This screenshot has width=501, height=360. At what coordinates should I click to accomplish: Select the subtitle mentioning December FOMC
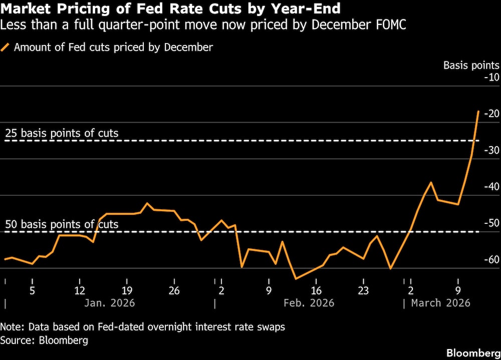pos(203,25)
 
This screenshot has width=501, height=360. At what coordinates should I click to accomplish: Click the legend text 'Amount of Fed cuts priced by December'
pos(114,48)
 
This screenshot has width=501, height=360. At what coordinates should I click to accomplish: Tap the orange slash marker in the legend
pos(7,48)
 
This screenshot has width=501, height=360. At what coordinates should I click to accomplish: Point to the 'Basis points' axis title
pos(471,65)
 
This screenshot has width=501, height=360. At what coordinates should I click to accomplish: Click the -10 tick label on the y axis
pos(491,77)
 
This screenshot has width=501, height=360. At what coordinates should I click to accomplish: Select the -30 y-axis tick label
pos(491,150)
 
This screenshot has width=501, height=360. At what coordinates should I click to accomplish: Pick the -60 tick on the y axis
pos(491,259)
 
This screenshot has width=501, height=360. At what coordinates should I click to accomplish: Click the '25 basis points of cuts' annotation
pos(62,133)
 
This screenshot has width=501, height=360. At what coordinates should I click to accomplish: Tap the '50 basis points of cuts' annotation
pos(62,224)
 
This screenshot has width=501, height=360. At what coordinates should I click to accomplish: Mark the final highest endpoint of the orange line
pos(478,111)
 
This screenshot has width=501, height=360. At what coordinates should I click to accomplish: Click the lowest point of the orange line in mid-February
pos(296,279)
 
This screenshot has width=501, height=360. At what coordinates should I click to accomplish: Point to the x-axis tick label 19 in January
pos(127,290)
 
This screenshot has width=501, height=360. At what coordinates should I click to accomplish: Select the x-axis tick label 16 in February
pos(316,290)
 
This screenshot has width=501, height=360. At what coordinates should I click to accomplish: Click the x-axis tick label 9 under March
pos(458,290)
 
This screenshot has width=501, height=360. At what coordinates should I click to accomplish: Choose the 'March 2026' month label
pos(440,303)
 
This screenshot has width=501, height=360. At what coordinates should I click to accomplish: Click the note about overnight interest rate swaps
pos(142,327)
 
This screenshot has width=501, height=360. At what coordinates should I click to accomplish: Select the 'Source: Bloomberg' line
pos(44,340)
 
